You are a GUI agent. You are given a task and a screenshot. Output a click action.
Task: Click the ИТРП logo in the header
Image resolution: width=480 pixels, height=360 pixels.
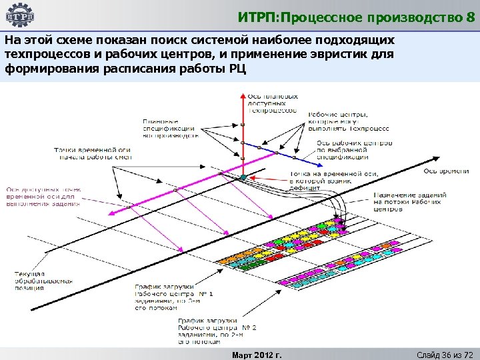(x=21, y=15)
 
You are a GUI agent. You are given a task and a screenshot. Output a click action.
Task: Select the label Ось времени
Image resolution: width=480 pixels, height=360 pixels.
(x=446, y=171)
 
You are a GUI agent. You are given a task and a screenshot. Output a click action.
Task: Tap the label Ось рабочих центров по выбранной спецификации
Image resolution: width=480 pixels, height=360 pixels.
(x=353, y=150)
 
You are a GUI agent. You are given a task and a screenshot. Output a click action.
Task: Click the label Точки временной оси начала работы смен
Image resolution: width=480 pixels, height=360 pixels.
(x=93, y=153)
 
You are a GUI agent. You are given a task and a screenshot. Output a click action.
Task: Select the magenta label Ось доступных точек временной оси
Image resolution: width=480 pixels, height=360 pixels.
(x=44, y=197)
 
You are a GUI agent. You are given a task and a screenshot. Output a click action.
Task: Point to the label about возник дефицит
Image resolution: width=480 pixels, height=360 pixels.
(x=333, y=181)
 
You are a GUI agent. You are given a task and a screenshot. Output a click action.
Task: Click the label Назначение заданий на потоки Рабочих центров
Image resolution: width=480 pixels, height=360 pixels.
(x=409, y=201)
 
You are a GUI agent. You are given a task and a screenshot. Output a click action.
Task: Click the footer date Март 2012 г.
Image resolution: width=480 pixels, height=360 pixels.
(x=256, y=354)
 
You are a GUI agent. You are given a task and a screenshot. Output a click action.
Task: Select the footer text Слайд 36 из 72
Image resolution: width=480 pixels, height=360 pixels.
(x=443, y=354)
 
